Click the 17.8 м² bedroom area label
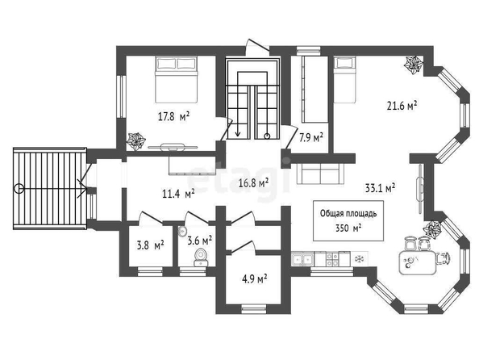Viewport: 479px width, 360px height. tap(174, 116)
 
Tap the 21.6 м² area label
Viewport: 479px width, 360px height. tap(402, 106)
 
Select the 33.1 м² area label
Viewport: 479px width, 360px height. tap(381, 188)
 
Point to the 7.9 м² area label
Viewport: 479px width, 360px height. tap(311, 138)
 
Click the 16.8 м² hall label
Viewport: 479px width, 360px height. tap(253, 183)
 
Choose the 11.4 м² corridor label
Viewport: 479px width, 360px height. tap(178, 194)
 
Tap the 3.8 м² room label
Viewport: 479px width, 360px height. tap(150, 245)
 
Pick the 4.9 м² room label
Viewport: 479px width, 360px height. tap(255, 279)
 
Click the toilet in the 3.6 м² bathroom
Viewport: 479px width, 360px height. tap(201, 257)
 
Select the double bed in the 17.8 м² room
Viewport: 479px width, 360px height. tap(177, 79)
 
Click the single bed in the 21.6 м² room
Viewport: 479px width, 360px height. tap(344, 80)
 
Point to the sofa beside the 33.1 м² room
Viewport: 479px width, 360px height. tap(320, 173)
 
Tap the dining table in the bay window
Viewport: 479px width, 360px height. tap(417, 262)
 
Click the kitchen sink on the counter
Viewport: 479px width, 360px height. tap(302, 260)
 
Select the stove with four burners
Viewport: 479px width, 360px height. tap(332, 259)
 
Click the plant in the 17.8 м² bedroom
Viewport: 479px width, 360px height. tap(136, 141)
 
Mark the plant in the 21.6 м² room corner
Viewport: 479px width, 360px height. tap(414, 65)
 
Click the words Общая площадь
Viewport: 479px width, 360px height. tap(348, 213)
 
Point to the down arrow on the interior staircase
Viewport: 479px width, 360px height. tap(238, 128)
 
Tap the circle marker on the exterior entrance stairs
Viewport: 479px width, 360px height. tap(19, 189)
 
